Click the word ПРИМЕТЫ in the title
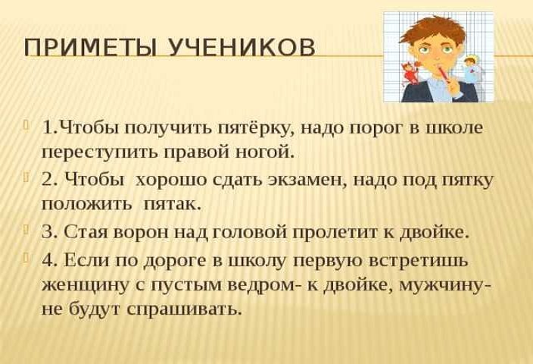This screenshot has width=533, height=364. (x=90, y=47)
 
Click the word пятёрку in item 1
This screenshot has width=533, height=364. (x=256, y=129)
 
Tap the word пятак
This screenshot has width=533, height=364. (x=173, y=204)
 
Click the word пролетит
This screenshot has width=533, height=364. (x=335, y=234)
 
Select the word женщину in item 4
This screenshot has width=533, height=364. (x=86, y=285)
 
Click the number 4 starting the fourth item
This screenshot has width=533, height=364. (x=48, y=260)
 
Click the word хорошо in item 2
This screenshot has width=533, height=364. (x=170, y=180)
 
